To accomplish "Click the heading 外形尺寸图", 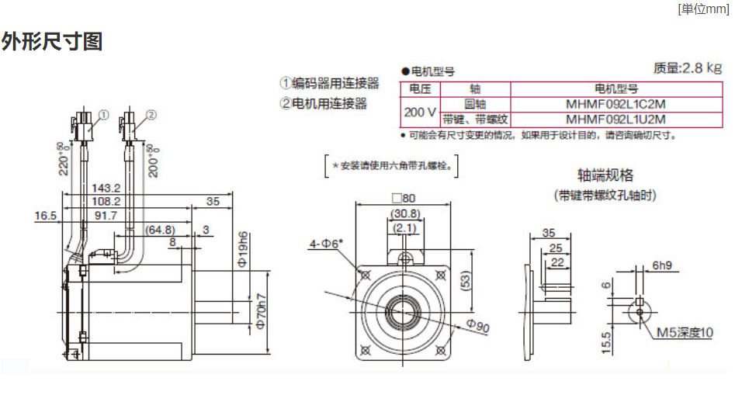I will pos(52,41).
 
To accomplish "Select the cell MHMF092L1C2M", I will pos(616,104).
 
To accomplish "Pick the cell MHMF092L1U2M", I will pos(616,120).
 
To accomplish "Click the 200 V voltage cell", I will pos(420,112).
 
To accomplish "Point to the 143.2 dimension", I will pos(106,188).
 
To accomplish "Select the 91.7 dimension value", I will pos(106,215).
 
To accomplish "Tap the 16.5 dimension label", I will pos(46,215).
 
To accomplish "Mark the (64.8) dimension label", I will pos(160,230).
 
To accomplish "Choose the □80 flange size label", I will pos(404,199).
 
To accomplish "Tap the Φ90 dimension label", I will pos(478,327).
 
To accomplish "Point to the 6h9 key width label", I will pos(662,265).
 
